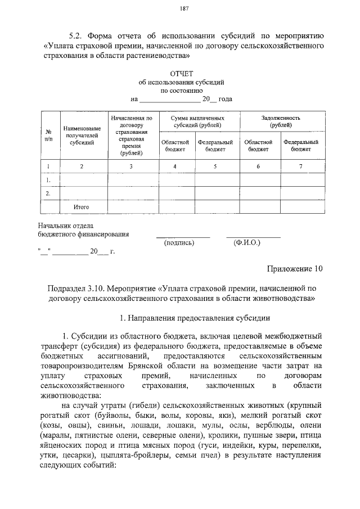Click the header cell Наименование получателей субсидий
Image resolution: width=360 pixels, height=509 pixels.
pyautogui.click(x=82, y=136)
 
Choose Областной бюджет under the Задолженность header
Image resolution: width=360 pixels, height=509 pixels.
pyautogui.click(x=259, y=146)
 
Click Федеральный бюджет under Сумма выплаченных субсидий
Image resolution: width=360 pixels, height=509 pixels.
pyautogui.click(x=215, y=146)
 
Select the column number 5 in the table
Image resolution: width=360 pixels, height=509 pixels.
pyautogui.click(x=215, y=166)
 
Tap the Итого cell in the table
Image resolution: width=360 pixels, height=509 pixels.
pyautogui.click(x=82, y=207)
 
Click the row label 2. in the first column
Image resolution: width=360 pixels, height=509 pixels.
pyautogui.click(x=48, y=193)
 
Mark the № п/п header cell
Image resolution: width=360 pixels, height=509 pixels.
pyautogui.click(x=48, y=135)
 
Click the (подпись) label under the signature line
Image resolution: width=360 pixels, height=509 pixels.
pyautogui.click(x=179, y=243)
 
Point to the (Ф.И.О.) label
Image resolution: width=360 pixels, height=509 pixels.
pyautogui.click(x=245, y=243)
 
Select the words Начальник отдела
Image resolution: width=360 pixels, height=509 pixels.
pyautogui.click(x=62, y=225)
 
